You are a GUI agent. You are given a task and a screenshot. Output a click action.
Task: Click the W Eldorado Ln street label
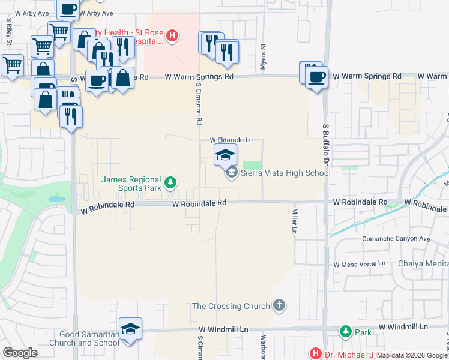[231, 140]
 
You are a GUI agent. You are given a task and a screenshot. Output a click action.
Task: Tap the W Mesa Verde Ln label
[360, 264]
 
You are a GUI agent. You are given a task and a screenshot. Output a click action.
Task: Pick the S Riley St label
[10, 32]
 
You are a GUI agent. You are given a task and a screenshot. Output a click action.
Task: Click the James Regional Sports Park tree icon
[170, 182]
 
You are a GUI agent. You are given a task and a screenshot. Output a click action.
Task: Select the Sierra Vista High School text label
[285, 173]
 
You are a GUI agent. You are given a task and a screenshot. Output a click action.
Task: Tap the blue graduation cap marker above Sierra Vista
[226, 155]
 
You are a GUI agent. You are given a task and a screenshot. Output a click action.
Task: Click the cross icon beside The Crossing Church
[279, 306]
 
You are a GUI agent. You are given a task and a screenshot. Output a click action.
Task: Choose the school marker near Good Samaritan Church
[130, 329]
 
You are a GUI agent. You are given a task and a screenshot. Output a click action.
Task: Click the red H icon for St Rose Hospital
[172, 36]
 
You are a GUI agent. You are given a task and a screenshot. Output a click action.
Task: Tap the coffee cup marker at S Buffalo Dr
[316, 76]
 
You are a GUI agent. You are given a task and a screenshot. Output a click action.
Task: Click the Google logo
[20, 353]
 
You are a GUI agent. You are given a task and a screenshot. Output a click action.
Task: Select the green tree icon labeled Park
[345, 331]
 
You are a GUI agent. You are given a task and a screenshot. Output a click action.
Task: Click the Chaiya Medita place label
[423, 264]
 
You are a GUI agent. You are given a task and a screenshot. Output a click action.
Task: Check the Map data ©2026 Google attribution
[412, 355]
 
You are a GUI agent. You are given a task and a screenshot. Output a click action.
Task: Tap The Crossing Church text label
[231, 306]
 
